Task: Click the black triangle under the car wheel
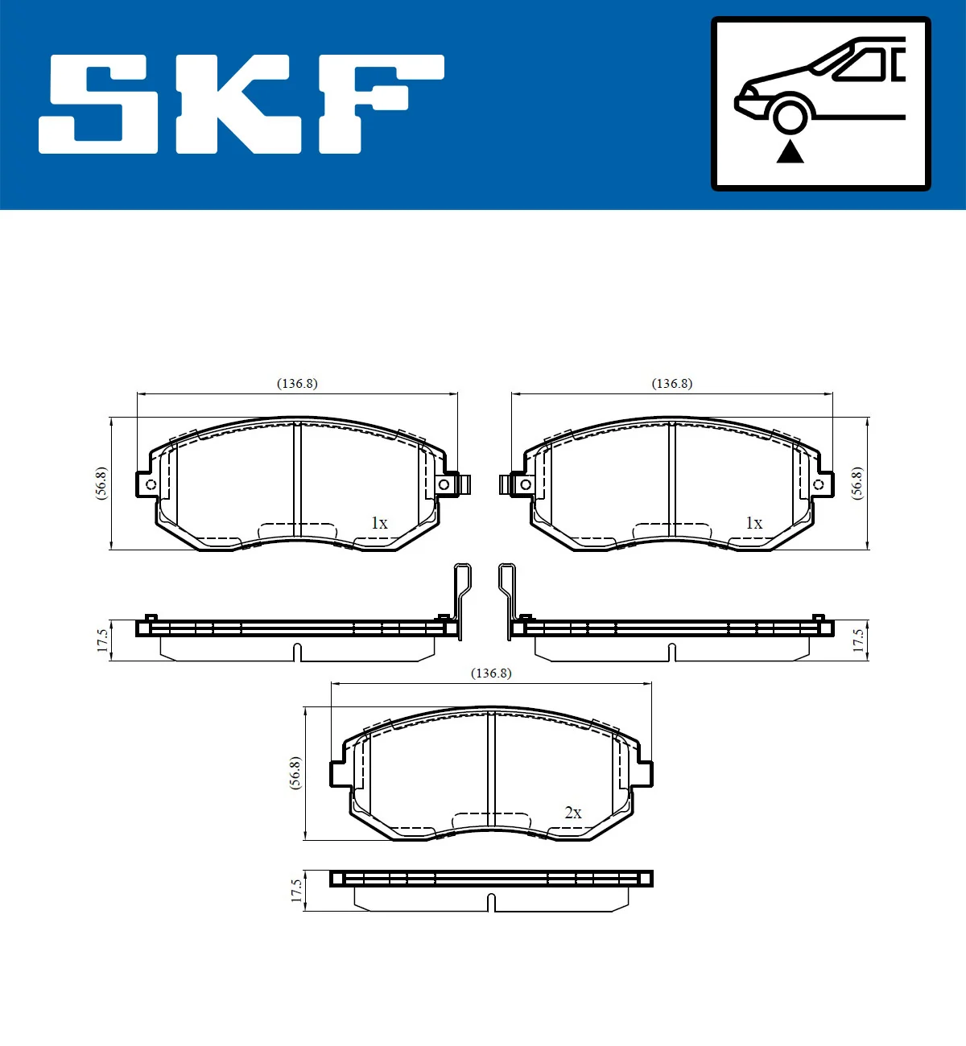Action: point(790,151)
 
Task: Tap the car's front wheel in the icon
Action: point(790,115)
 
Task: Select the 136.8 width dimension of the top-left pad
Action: point(297,384)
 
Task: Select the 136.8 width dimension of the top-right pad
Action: point(672,384)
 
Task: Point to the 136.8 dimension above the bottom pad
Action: point(491,673)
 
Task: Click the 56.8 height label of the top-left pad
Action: point(101,484)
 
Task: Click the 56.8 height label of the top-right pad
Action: point(857,484)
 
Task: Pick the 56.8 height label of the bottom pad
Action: point(295,773)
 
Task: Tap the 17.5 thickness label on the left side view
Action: point(102,641)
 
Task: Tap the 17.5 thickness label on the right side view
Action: point(858,641)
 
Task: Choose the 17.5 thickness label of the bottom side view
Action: point(296,891)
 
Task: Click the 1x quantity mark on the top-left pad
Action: point(379,523)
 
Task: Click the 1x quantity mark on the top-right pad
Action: point(754,523)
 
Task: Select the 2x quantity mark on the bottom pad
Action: point(573,813)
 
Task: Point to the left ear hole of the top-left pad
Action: point(151,484)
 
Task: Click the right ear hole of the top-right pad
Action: point(819,484)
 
